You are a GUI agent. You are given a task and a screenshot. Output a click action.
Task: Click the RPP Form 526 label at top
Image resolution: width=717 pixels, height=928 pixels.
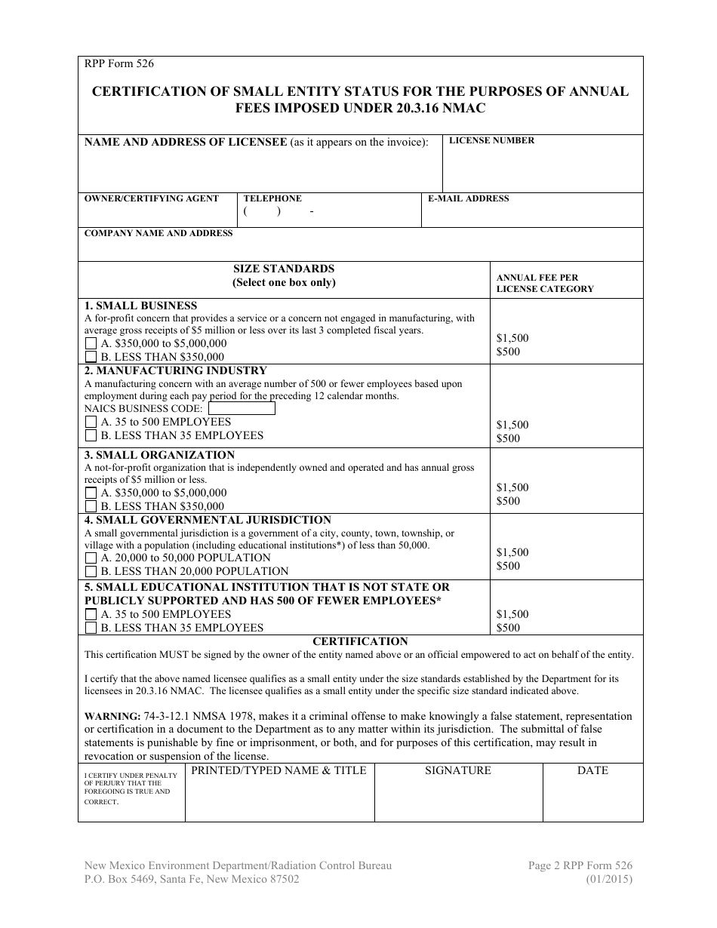[119, 64]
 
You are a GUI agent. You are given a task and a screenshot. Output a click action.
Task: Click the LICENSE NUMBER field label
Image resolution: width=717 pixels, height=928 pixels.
[491, 140]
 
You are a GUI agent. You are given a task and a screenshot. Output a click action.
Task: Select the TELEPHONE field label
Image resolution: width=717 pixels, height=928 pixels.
[272, 198]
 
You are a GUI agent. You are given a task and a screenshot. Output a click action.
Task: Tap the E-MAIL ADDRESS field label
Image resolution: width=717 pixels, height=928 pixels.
[468, 198]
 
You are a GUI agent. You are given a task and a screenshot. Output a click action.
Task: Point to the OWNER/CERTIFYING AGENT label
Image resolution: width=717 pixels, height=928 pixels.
[152, 198]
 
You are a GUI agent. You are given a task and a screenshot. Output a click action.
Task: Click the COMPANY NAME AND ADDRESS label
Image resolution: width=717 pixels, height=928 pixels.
[158, 233]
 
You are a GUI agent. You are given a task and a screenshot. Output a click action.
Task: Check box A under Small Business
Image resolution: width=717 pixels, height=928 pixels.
[91, 344]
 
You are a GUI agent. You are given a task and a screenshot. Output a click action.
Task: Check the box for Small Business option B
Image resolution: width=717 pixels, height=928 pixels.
[91, 358]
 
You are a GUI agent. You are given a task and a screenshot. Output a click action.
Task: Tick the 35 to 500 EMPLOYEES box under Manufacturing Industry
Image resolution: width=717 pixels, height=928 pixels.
[91, 423]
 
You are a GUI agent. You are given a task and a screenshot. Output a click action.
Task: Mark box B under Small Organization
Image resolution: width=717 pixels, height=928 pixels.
[91, 507]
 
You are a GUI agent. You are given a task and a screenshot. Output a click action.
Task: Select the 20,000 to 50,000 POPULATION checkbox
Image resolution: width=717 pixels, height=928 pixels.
[91, 558]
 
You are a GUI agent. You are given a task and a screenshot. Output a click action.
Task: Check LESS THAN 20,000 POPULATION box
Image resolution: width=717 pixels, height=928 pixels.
[91, 572]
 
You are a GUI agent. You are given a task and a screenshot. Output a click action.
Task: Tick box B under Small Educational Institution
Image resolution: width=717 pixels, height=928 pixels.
[91, 628]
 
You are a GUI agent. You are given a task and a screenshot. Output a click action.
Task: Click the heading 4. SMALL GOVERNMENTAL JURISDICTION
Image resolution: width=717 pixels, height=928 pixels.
[208, 520]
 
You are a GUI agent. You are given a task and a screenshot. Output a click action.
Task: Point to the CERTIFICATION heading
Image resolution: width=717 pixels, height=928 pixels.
[360, 641]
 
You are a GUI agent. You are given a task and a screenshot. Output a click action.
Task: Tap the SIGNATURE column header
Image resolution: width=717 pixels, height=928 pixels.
[457, 770]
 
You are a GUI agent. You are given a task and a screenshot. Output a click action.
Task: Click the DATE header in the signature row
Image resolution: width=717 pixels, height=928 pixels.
[592, 770]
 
